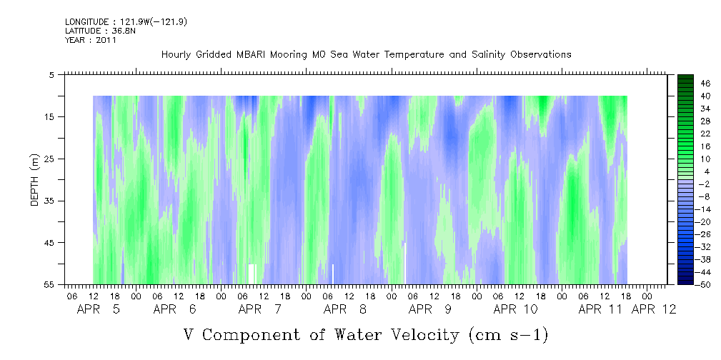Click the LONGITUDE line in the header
126,21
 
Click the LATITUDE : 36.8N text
100,31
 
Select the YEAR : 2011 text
91,40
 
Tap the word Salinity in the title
487,55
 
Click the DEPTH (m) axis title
35,180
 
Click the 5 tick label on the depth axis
51,74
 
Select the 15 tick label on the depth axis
49,116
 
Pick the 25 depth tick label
49,159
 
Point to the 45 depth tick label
49,243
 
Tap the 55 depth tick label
49,284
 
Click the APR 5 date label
99,309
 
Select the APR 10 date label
515,309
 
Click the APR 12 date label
654,309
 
